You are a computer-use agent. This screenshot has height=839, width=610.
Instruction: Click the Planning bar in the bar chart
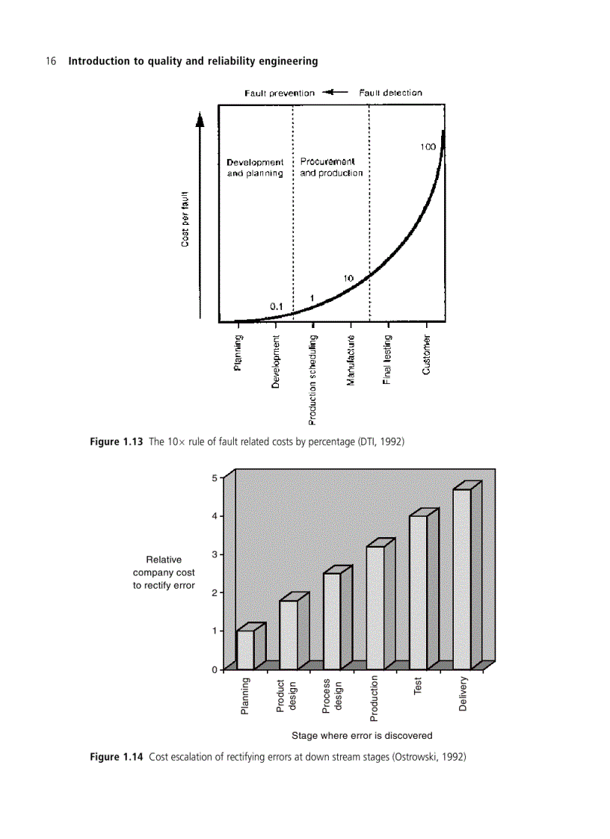point(245,649)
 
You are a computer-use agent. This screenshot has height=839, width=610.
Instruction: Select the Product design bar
point(289,634)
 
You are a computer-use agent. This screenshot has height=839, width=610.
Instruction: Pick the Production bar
point(375,607)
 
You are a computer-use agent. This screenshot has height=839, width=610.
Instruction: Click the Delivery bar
point(461,579)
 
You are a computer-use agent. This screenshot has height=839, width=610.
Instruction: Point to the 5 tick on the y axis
point(215,477)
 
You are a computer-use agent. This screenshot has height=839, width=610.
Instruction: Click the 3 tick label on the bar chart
point(215,554)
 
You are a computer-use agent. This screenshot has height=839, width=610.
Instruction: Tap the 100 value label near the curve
point(427,147)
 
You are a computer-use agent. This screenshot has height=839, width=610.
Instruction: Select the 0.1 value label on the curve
point(276,306)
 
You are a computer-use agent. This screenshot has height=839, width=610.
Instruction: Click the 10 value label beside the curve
point(348,279)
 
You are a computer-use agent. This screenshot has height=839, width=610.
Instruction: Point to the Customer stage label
point(427,356)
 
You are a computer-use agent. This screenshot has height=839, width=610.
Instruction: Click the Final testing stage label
point(388,362)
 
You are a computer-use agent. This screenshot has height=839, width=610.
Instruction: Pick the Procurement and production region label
point(331,167)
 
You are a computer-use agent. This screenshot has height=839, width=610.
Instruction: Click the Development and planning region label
point(255,168)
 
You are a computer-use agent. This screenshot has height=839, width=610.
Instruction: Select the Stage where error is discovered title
point(362,735)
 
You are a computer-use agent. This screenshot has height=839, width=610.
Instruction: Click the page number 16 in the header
point(52,61)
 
